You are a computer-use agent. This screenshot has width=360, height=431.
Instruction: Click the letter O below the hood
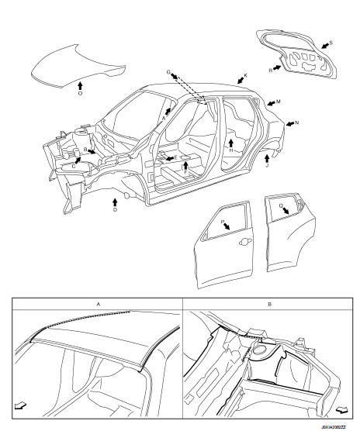point(81,94)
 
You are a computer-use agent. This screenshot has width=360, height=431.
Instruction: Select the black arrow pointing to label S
point(325,46)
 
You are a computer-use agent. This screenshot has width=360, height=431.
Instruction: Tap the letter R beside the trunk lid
point(271,71)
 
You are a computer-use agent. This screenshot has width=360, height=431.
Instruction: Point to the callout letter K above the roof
point(246,75)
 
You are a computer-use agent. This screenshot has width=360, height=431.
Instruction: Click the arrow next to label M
point(272,103)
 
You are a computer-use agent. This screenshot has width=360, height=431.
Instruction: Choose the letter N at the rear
point(296,123)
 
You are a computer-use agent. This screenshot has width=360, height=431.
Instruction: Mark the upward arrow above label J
point(267,158)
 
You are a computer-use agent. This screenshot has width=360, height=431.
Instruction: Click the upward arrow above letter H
point(231,143)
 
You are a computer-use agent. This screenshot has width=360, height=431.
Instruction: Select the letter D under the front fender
point(116,210)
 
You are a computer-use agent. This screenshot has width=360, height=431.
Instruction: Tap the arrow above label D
point(115,202)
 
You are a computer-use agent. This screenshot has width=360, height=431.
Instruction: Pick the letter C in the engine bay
point(74,167)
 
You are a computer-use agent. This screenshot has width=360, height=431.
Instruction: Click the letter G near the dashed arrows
point(168,72)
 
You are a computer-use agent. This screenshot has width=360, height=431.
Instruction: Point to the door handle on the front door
point(245,241)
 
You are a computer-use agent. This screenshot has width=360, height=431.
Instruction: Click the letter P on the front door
point(223,222)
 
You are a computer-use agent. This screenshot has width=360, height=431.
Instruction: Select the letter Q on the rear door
point(281,205)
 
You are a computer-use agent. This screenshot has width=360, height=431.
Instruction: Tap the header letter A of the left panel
point(99,305)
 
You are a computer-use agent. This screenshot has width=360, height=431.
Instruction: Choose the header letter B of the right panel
point(269,305)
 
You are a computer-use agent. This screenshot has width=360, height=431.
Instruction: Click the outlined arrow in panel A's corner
point(21,405)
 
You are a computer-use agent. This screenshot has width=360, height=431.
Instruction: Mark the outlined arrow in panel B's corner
point(342,410)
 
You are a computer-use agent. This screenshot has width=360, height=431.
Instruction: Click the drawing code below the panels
point(333,427)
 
